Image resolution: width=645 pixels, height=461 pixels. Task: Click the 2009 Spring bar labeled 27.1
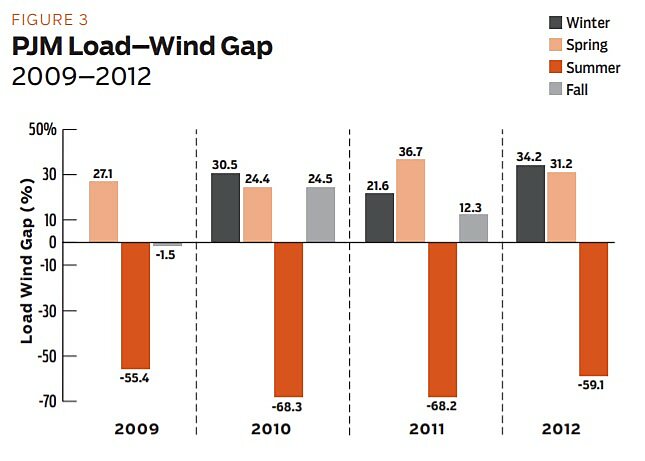[103, 211]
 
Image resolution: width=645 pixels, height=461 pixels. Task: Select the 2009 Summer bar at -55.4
[135, 305]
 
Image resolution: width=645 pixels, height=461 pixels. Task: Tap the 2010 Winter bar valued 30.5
[225, 207]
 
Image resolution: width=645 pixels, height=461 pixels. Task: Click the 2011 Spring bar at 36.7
[411, 200]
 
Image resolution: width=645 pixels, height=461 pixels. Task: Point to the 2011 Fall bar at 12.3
[474, 228]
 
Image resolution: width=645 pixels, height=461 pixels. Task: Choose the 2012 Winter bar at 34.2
[530, 203]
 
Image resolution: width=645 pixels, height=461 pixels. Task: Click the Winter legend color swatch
[556, 22]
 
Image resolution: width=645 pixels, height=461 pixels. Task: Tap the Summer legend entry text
[594, 68]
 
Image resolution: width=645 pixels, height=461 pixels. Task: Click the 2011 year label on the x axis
[427, 430]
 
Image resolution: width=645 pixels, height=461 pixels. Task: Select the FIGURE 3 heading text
[50, 18]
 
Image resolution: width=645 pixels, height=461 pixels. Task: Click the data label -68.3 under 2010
[287, 407]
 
